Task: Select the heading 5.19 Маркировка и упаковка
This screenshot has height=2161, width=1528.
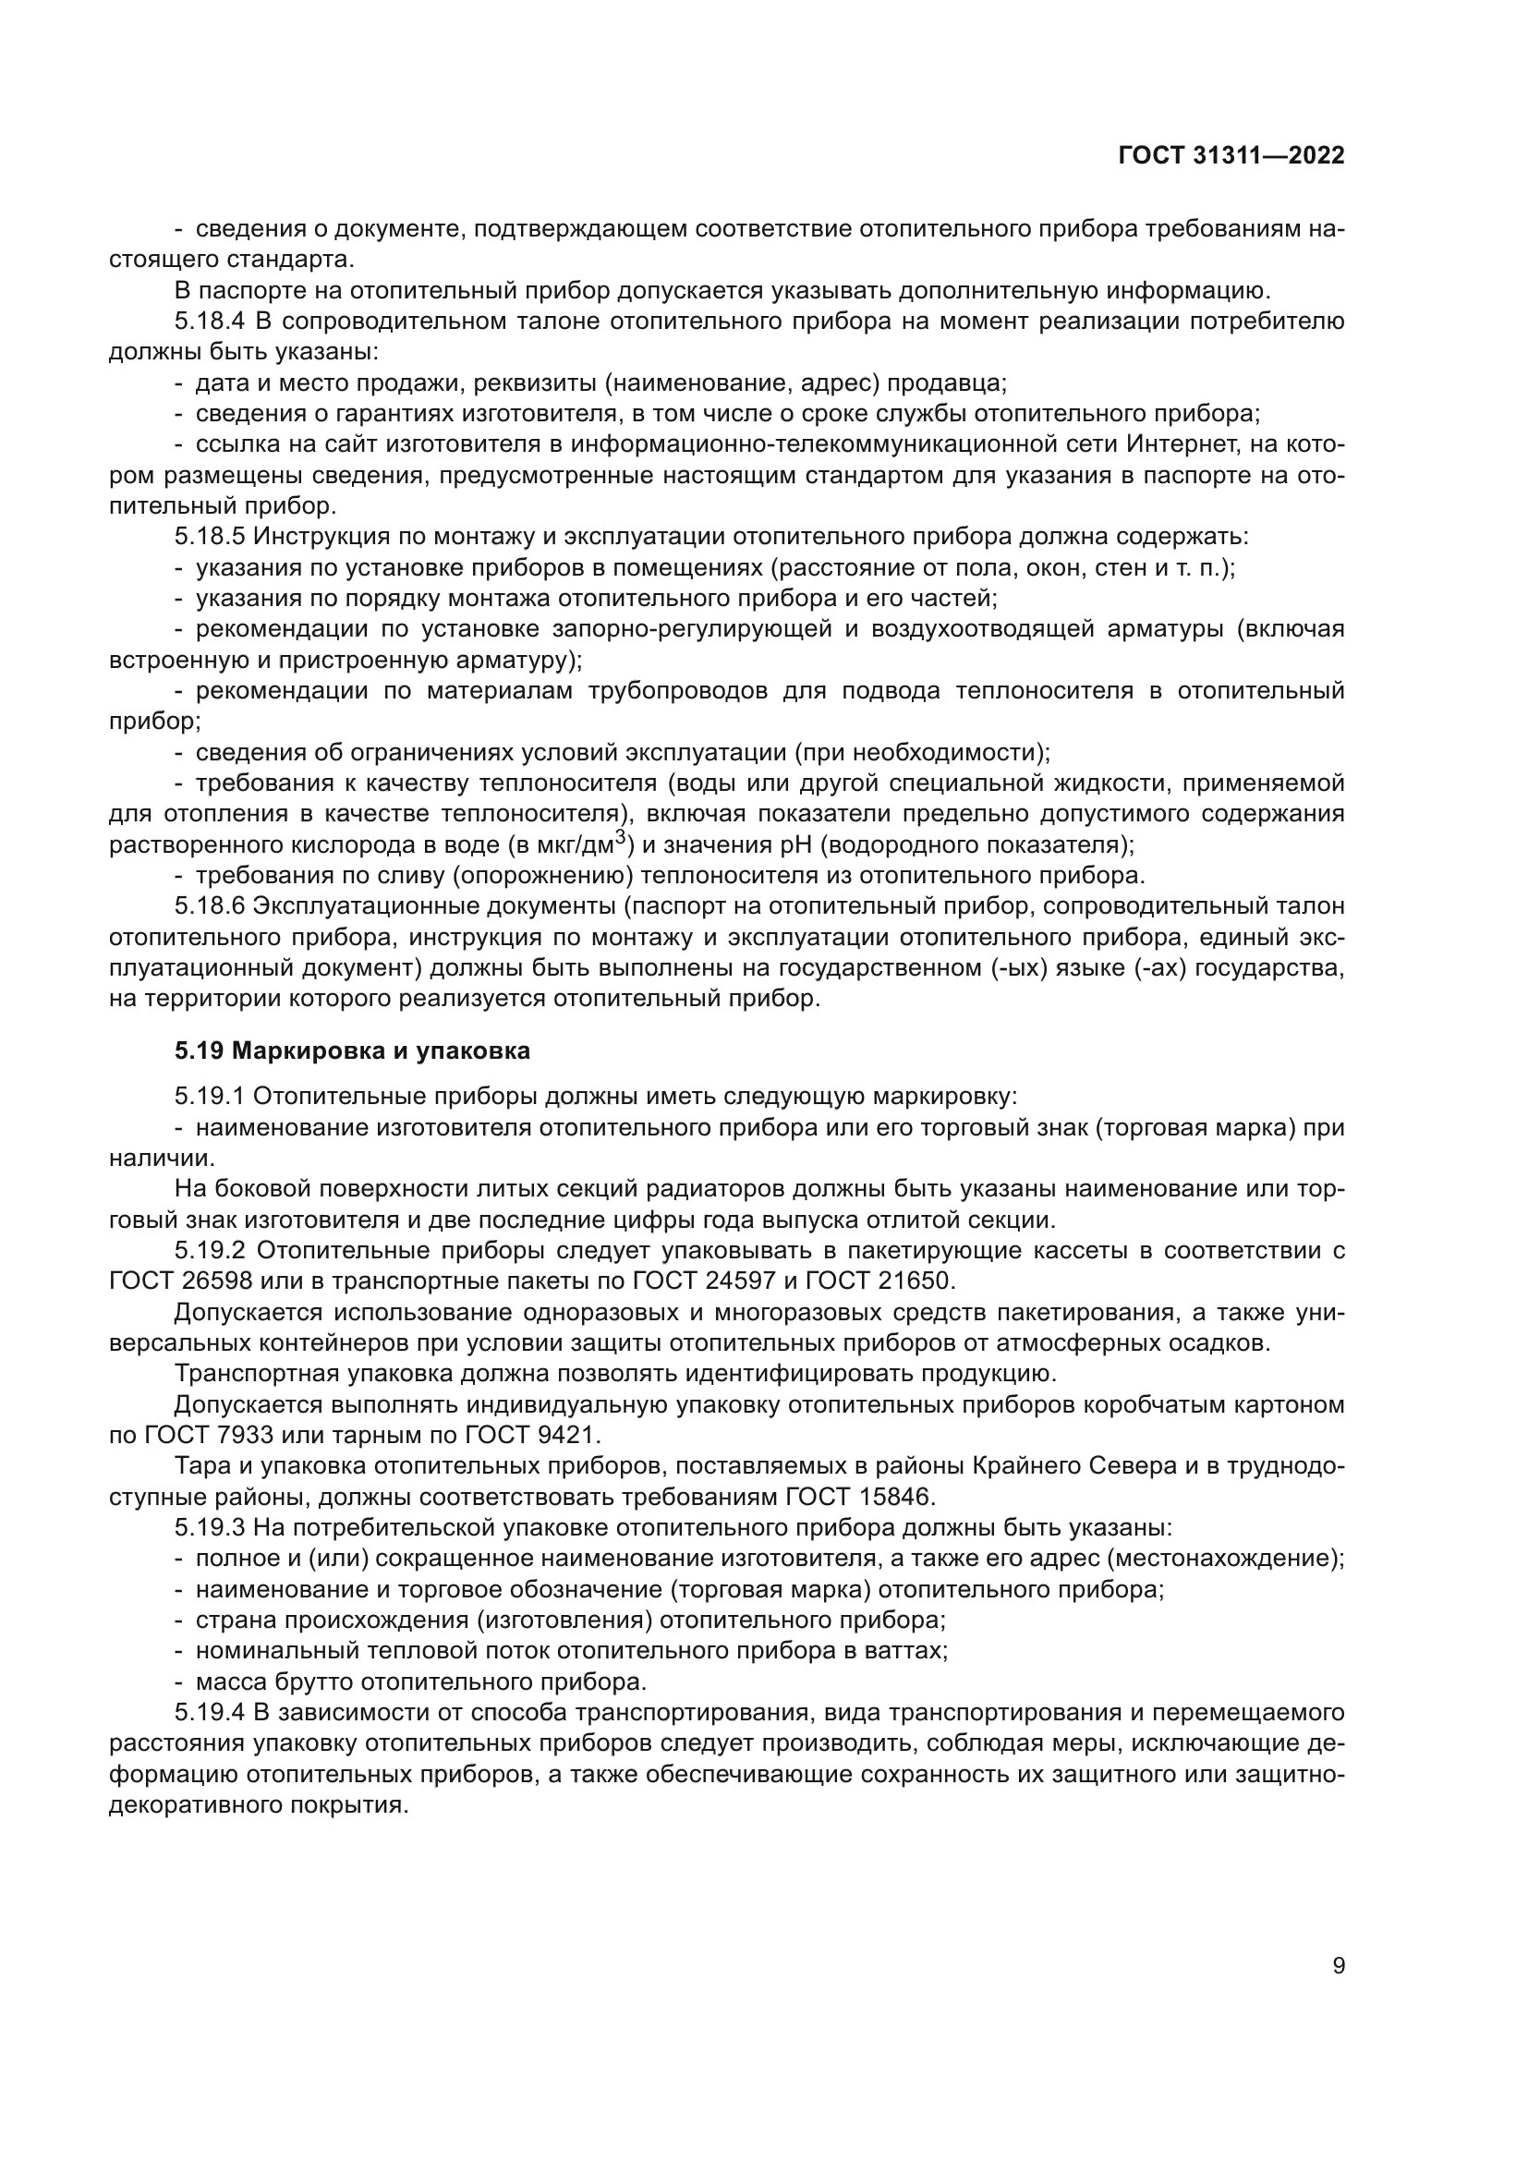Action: (352, 1050)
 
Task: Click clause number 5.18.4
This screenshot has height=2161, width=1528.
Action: (209, 322)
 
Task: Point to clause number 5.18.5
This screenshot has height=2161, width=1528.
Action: (209, 538)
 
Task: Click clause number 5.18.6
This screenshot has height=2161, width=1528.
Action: (209, 906)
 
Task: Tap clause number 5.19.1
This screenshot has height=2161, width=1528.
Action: (209, 1097)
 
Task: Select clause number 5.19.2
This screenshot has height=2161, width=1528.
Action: (209, 1251)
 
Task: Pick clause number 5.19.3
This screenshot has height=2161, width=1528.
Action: (209, 1527)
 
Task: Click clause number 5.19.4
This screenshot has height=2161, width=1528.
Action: (209, 1712)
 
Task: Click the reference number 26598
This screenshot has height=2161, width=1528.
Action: (216, 1282)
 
